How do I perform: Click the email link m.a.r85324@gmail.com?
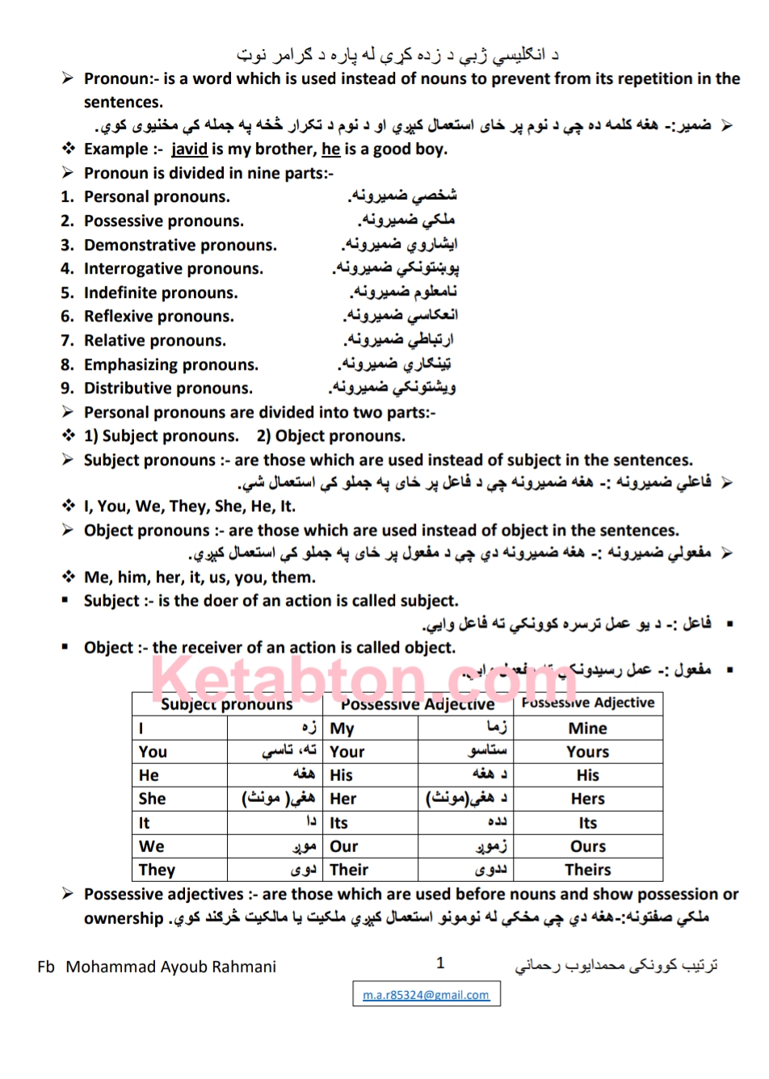pos(426,995)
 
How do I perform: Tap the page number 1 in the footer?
pos(440,962)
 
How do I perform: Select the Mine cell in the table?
pos(587,728)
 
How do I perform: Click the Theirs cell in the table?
pos(587,870)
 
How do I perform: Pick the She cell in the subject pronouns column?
pos(153,799)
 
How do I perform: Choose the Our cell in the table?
pos(344,846)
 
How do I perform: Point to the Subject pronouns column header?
pos(226,704)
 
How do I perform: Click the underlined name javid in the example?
pos(189,149)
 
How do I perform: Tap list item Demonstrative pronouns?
pos(180,246)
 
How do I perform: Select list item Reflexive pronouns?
pos(159,317)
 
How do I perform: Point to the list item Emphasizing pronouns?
pos(171,365)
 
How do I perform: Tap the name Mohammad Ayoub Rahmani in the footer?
pos(170,967)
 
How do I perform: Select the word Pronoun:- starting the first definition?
pos(121,79)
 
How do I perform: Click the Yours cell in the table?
pos(587,752)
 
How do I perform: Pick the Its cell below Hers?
pos(587,823)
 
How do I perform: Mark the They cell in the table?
pos(157,870)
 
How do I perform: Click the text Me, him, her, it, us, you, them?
pos(200,577)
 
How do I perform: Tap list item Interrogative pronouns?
pos(174,269)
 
